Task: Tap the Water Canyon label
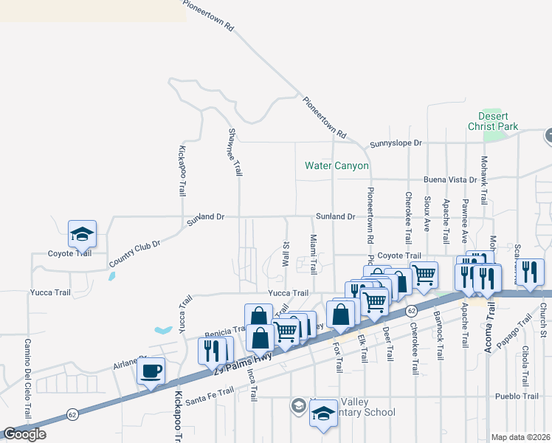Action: click(x=337, y=165)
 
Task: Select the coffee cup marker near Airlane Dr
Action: click(x=151, y=371)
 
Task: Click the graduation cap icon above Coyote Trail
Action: click(x=82, y=234)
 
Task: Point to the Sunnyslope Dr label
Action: click(x=396, y=143)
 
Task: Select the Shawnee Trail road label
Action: click(x=235, y=151)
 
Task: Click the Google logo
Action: click(x=24, y=434)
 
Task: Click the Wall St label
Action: click(x=286, y=254)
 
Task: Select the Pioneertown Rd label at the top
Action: click(x=208, y=15)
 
